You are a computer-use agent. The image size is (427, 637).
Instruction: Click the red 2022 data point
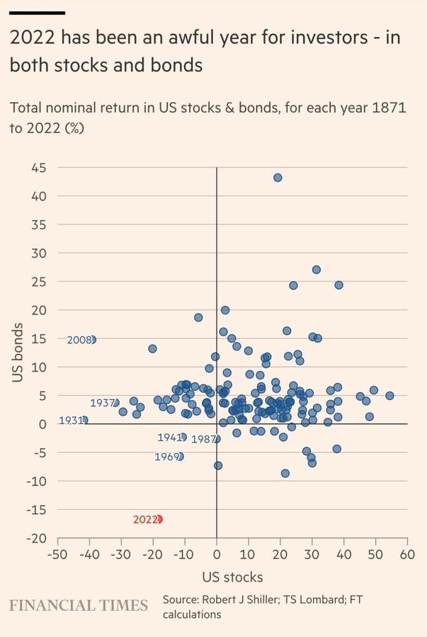click(x=159, y=519)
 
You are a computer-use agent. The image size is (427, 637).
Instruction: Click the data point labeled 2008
click(x=91, y=340)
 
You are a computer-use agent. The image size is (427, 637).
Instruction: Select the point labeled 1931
click(x=85, y=420)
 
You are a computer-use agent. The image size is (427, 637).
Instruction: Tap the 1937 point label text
click(x=103, y=403)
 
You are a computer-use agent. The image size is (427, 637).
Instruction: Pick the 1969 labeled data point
click(x=180, y=457)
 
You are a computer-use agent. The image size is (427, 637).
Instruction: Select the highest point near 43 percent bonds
click(x=278, y=178)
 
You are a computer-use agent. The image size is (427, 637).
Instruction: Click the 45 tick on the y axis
click(x=39, y=168)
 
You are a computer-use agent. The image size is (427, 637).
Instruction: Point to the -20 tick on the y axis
click(x=37, y=538)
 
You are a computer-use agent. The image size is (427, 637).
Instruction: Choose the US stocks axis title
click(x=232, y=576)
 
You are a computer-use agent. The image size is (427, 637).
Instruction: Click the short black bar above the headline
click(x=37, y=13)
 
